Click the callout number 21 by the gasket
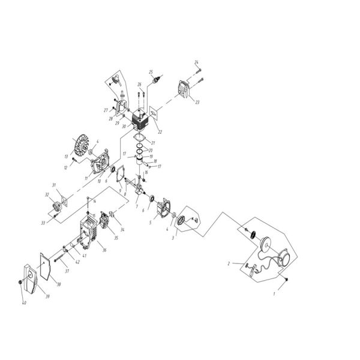click(x=154, y=142)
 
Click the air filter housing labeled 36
click(x=88, y=233)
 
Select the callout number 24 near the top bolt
click(x=196, y=62)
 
